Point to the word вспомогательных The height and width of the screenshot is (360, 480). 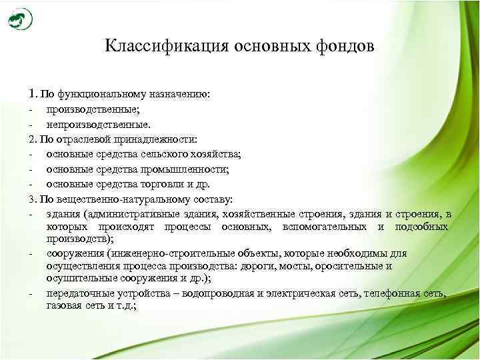pos(327,227)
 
